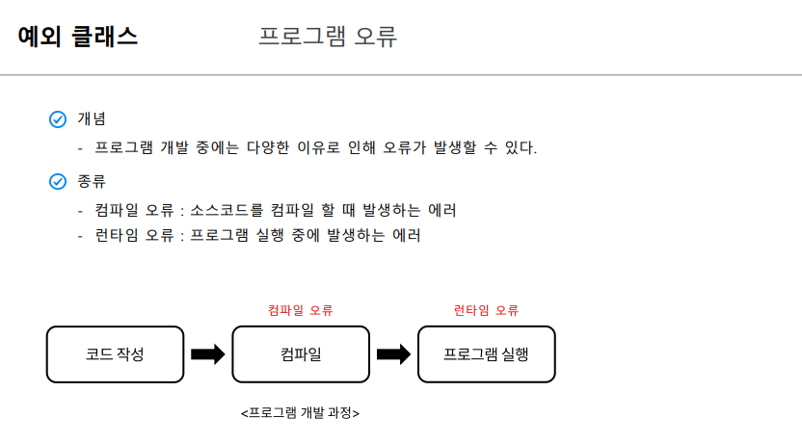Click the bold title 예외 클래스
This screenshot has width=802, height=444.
pos(78,37)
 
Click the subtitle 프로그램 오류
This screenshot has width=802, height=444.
pos(328,37)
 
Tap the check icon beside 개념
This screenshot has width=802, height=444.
pos(57,119)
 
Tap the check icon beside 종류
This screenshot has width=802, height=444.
pos(57,181)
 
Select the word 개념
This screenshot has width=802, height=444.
pos(92,119)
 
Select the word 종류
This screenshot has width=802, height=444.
pos(92,181)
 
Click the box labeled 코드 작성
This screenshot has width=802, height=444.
pos(115,354)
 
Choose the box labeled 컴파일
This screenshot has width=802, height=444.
pos(300,354)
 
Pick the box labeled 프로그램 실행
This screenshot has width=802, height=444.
pos(486,354)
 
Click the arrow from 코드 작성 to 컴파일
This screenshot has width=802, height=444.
pos(207,354)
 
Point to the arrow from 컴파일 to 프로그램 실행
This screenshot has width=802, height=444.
pos(393,354)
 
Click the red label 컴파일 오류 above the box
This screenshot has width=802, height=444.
pos(300,310)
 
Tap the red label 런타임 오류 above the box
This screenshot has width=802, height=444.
pos(486,310)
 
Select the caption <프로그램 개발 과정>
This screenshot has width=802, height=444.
pos(300,413)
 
